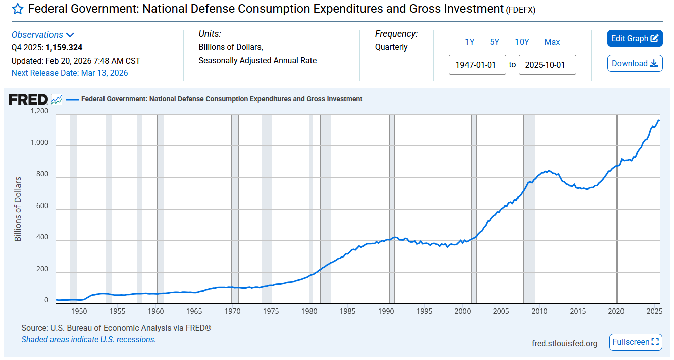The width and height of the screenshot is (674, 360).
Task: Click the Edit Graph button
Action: point(635,39)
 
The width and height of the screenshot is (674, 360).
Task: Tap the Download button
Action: point(635,63)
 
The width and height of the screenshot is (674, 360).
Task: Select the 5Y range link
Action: point(495,42)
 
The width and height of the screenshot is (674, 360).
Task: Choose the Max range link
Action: point(552,42)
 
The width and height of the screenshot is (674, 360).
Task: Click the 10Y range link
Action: point(522,42)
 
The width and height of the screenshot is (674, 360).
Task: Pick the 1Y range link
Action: point(470,42)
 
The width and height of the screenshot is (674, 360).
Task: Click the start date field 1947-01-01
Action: point(477,65)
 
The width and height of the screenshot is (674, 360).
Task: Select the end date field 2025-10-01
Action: point(547,65)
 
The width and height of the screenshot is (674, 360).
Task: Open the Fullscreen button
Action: point(636,342)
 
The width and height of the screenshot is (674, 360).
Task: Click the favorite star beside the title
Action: point(18,9)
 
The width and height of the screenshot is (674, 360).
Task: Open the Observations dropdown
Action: point(43,35)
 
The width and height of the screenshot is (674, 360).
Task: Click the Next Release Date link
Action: point(70,73)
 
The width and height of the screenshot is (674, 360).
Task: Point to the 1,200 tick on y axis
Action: point(39,111)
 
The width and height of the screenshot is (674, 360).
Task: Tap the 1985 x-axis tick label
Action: point(347,311)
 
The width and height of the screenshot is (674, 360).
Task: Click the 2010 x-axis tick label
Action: point(539,311)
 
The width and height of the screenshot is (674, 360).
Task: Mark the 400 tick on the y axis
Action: point(42,237)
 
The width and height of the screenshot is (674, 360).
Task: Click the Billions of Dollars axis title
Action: point(18,209)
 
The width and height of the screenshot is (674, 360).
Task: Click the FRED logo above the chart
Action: point(29,99)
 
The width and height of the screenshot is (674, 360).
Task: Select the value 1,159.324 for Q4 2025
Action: point(64,48)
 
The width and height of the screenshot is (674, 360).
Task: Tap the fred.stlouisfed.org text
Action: point(564,343)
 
